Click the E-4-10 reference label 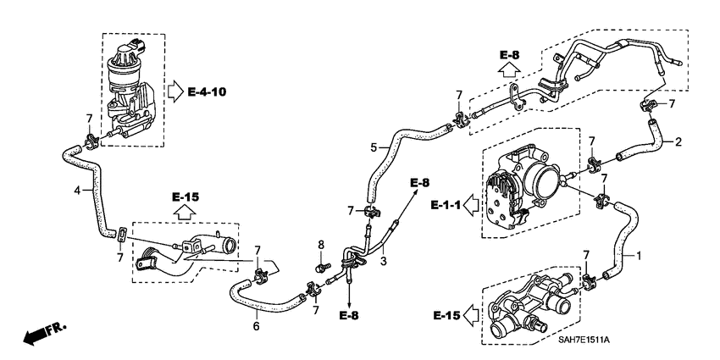point(207,91)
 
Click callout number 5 point(374,147)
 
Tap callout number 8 point(320,246)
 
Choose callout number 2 point(678,141)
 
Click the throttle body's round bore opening point(540,180)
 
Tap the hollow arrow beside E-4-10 point(174,90)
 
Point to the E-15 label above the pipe point(185,197)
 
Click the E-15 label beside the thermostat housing point(446,315)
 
